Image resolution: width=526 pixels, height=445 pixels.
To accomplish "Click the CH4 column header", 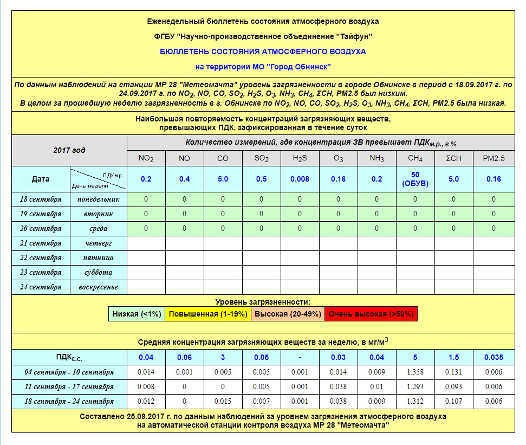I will pos(415,159).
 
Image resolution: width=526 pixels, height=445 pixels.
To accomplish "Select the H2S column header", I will pos(300,159).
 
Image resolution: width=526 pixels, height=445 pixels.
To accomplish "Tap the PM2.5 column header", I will pos(493,159).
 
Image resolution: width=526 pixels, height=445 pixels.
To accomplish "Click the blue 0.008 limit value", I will pos(300,179).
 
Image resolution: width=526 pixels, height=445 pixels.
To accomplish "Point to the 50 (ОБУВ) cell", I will pos(415,179).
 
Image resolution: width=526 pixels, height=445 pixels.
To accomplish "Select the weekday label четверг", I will pos(99,243).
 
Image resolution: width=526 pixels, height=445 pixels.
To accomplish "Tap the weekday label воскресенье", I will pos(99,287).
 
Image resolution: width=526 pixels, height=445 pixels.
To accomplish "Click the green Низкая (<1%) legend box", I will pos(137,314).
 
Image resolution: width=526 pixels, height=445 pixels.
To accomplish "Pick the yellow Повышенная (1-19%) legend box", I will pos(207,314).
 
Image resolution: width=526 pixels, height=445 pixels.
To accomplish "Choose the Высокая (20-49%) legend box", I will pos(288,314).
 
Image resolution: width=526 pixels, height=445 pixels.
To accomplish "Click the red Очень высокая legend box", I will pos(371,314).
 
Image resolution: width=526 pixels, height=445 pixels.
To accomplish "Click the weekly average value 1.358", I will pos(415,372).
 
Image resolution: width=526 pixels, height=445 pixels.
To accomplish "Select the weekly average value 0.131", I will pos(454,372).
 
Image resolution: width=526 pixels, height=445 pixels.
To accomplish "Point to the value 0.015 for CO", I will pos(223,402).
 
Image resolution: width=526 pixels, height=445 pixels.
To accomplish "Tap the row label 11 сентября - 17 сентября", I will pos(69,387).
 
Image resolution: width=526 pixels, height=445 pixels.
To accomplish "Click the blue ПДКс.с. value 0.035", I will pos(493,357).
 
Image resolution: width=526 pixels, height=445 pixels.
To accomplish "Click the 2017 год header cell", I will pos(69,150).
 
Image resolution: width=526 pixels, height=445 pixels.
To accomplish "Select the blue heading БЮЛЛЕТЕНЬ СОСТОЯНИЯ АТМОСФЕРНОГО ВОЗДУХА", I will pos(263,51).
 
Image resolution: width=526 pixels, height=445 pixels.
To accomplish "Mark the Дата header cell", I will pos(41,179).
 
